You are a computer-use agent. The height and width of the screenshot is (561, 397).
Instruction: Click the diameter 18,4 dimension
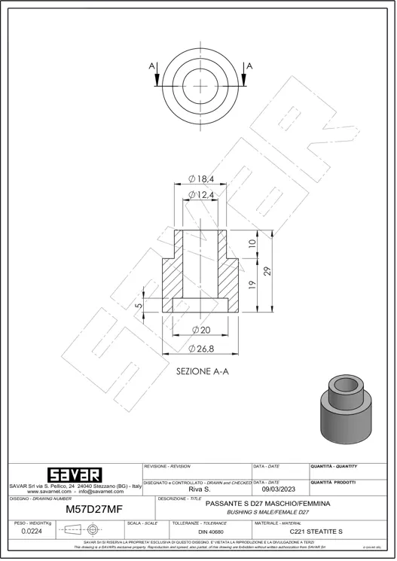(201, 178)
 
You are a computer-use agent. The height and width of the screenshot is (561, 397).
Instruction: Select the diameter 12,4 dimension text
(201, 195)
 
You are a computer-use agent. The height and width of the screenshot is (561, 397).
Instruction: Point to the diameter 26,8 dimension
(201, 348)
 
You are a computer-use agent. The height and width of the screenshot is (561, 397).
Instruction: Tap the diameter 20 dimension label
(200, 331)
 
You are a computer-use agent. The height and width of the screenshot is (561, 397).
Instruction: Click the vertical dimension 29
(267, 271)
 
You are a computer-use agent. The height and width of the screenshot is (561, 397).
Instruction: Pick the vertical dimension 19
(252, 286)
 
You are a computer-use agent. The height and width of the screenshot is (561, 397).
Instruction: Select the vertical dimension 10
(252, 244)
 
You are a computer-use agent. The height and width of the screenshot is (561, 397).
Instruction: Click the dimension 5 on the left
(139, 306)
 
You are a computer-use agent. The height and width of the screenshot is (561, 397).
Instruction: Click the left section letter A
(152, 67)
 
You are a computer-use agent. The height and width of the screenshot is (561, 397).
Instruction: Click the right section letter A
(249, 67)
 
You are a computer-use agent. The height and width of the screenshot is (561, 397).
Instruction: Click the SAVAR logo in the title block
(74, 475)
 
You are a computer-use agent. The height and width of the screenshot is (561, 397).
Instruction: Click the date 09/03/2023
(279, 489)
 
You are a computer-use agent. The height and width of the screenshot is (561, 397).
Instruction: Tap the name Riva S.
(197, 489)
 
